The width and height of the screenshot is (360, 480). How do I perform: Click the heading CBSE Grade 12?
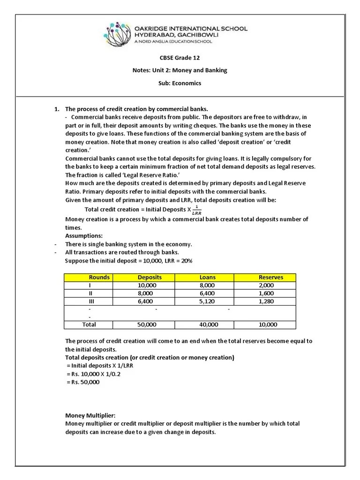(180, 58)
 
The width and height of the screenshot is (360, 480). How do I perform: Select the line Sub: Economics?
(180, 83)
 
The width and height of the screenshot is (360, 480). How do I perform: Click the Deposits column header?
(150, 277)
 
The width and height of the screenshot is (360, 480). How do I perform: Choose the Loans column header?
(207, 277)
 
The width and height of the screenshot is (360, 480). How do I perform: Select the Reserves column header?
(270, 277)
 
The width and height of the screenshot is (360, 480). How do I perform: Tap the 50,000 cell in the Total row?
(147, 324)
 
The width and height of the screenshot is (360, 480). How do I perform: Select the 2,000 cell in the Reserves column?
(268, 285)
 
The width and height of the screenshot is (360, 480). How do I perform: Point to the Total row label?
(89, 324)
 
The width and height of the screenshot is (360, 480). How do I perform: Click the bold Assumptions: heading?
(84, 236)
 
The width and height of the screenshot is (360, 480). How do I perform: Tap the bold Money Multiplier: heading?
(90, 415)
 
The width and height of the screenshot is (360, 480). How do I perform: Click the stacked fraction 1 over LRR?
(196, 210)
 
